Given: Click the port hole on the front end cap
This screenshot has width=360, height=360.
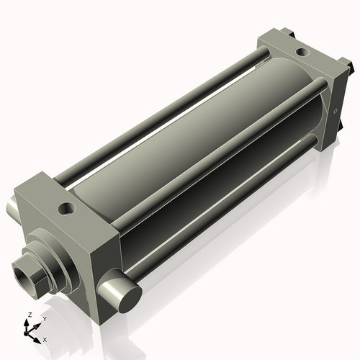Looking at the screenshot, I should [x=67, y=209].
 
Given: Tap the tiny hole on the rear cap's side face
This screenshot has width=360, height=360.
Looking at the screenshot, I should [x=336, y=111].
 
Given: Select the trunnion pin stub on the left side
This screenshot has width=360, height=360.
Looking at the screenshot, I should [x=12, y=210].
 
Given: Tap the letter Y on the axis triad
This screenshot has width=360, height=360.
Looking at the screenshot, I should [x=44, y=318].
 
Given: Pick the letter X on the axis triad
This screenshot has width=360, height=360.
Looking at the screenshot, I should [x=45, y=338].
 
